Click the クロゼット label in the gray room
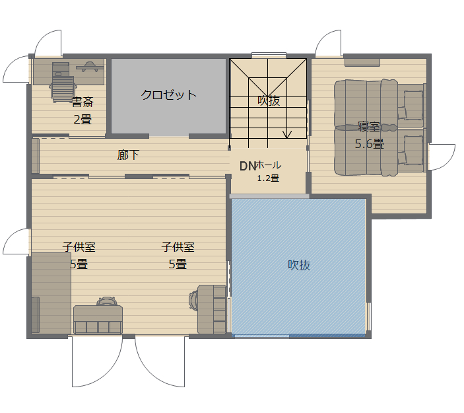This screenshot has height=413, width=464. point(168,94)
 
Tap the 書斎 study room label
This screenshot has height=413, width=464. point(83,102)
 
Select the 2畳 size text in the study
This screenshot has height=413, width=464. point(83,120)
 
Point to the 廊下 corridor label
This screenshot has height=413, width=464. point(128,155)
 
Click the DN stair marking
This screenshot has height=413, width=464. point(248,167)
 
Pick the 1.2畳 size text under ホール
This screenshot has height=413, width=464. point(268,178)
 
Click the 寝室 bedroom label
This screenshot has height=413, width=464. point(369,126)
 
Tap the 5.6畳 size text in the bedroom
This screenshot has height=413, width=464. point(370,144)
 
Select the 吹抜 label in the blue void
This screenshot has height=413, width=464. point(299,265)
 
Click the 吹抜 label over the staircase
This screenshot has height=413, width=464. point(269,100)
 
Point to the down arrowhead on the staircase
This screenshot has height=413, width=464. point(287,135)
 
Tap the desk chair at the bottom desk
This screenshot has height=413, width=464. point(107,301)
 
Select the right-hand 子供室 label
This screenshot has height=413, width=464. point(178,246)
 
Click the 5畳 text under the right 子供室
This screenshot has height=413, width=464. point(178,264)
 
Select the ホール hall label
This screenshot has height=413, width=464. point(269,165)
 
